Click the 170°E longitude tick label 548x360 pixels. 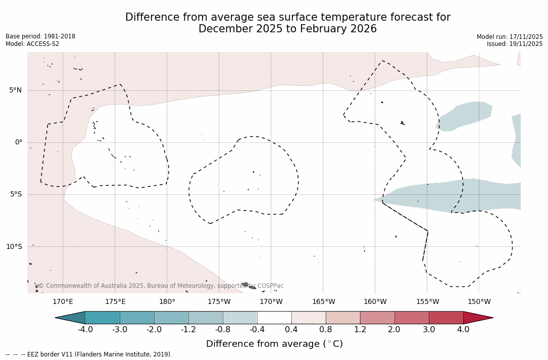tap(63, 302)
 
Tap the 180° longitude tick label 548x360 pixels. tap(167, 302)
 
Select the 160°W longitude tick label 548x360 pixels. tap(375, 302)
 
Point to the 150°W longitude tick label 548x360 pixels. tap(479, 302)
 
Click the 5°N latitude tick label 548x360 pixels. tap(15, 90)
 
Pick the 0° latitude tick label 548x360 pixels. tap(19, 142)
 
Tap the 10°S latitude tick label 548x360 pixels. tap(14, 247)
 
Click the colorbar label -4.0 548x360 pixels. tap(85, 330)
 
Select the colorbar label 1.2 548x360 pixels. tap(360, 330)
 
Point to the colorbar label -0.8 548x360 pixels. tap(223, 330)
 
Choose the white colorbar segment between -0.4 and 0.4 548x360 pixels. tap(274, 318)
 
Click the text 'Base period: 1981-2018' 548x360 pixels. tap(40, 36)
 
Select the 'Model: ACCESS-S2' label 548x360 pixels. tap(32, 44)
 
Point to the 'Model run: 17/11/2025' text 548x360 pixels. tap(510, 37)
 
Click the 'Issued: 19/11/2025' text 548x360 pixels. tap(515, 44)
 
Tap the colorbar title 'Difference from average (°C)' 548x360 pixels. tap(274, 344)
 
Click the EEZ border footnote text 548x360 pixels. tap(89, 354)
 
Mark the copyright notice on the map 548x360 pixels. tap(161, 286)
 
